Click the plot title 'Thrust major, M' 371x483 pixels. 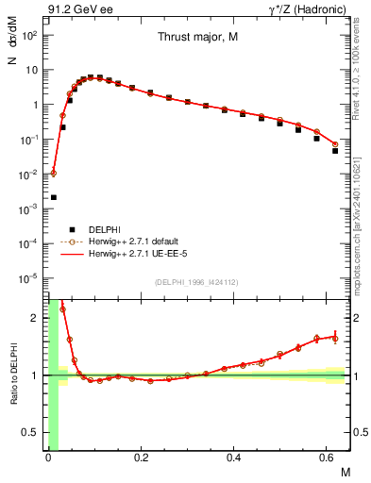tap(197, 37)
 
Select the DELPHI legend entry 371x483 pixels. tap(103, 229)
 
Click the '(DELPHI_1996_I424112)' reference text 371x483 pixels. tap(197, 282)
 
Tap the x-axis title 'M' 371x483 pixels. tap(345, 471)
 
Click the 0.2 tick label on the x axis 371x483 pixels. tap(141, 458)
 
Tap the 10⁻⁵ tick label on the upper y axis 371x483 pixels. tap(30, 278)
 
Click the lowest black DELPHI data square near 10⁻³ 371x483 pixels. tap(53, 197)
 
